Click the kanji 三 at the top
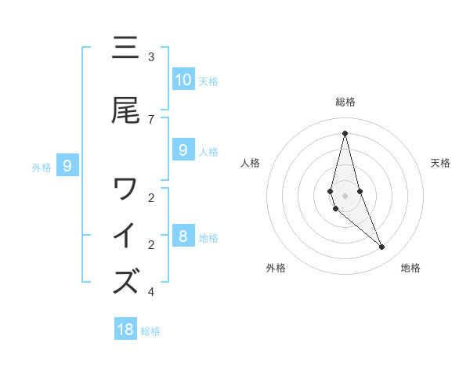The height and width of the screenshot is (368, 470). click(x=125, y=49)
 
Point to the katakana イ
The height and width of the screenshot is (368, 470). click(x=125, y=235)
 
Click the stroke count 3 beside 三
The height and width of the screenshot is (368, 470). click(x=151, y=57)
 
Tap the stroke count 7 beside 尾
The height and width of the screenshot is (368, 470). click(x=151, y=119)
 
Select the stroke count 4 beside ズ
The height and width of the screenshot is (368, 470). click(x=151, y=292)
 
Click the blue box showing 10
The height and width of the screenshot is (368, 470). click(x=183, y=80)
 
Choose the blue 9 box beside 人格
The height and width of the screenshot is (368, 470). click(x=183, y=150)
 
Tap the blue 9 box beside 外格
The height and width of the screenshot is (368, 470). click(x=67, y=166)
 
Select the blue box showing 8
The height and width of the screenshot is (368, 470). click(x=183, y=236)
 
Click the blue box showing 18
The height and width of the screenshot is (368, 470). click(x=125, y=330)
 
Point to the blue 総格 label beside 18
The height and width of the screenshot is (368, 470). click(x=150, y=331)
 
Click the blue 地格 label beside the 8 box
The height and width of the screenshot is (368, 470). click(x=208, y=238)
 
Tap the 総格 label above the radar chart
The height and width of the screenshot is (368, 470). click(x=345, y=102)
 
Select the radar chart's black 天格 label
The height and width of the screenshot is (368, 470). click(x=440, y=163)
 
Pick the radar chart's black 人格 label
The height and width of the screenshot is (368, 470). click(x=250, y=163)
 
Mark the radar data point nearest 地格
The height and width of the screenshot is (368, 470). click(x=381, y=247)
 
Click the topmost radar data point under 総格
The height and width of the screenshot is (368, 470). click(x=345, y=133)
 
